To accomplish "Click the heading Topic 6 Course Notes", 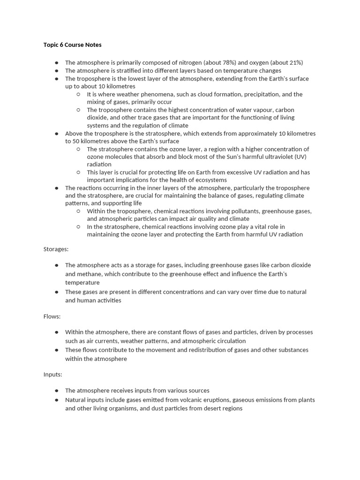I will click(72, 45).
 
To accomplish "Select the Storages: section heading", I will click(56, 249).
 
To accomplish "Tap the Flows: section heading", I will click(52, 316).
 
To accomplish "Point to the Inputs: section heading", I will click(53, 375).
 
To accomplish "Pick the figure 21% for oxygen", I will click(293, 63).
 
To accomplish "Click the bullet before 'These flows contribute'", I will click(56, 350).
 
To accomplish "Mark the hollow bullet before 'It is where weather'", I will click(78, 94).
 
